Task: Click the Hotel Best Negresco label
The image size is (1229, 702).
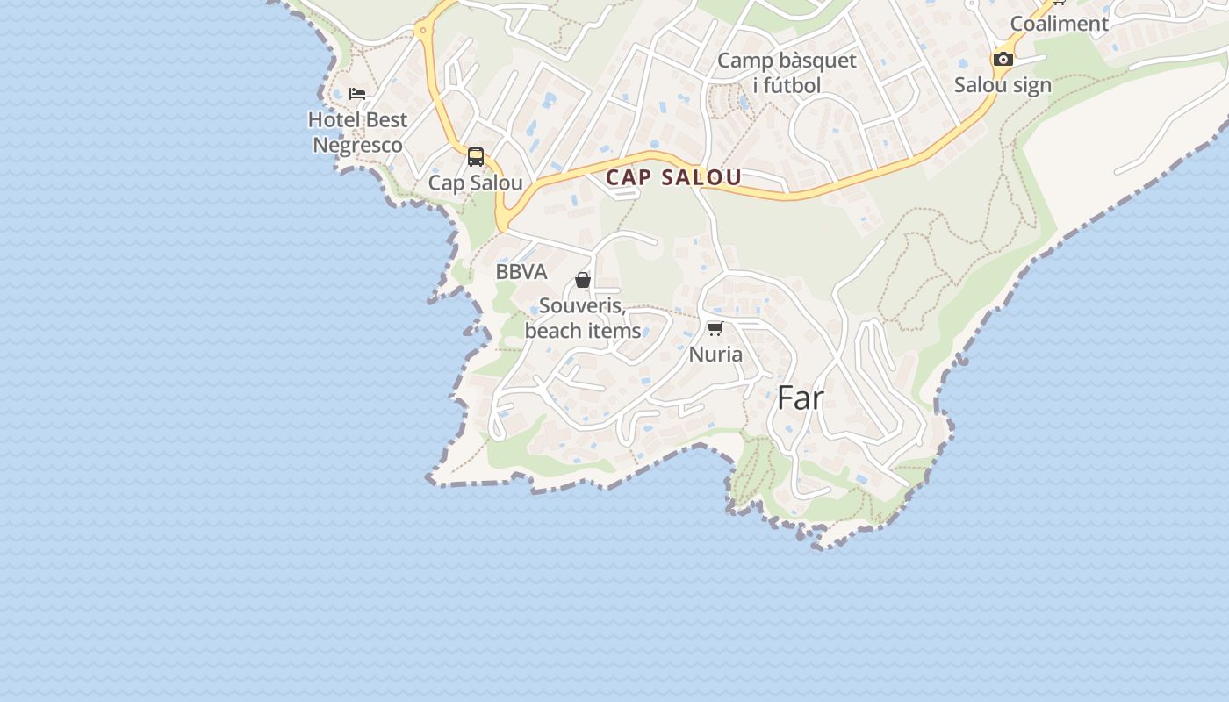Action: click(358, 133)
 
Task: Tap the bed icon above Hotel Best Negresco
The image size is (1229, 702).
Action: click(357, 93)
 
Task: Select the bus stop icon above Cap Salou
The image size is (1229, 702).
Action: click(476, 157)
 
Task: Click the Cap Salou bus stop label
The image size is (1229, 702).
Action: click(475, 183)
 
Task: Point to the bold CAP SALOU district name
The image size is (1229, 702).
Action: click(673, 177)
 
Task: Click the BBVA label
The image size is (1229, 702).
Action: click(521, 272)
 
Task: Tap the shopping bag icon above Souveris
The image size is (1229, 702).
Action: click(582, 280)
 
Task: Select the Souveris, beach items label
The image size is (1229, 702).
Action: click(583, 319)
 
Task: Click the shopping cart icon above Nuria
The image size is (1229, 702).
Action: click(715, 328)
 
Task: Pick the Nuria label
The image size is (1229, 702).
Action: click(715, 355)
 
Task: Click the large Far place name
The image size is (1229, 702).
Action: click(801, 398)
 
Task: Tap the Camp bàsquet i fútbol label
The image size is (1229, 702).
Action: click(787, 73)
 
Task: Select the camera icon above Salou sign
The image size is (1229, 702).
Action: click(1003, 60)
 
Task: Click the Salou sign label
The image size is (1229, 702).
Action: click(1003, 86)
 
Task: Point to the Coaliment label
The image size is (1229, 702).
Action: click(1060, 24)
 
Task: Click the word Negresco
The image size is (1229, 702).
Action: click(358, 146)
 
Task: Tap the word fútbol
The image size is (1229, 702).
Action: click(792, 86)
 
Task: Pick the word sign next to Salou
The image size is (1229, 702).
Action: click(1031, 86)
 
